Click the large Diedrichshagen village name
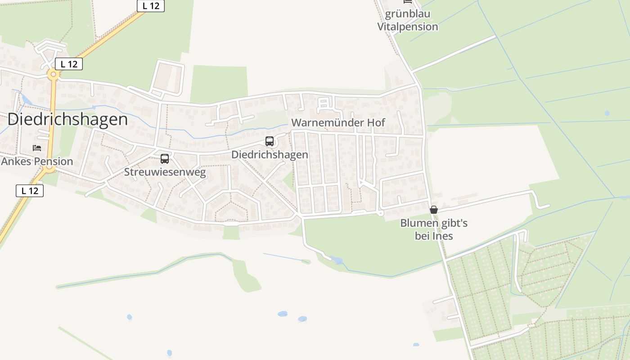click(67, 119)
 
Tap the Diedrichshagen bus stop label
click(270, 154)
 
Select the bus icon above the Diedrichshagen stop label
click(270, 141)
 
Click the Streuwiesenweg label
click(165, 172)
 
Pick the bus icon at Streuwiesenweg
click(165, 158)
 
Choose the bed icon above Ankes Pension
click(37, 148)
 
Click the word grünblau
click(408, 14)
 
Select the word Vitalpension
click(408, 27)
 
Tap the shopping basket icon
click(434, 210)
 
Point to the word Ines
click(444, 236)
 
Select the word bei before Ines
click(423, 236)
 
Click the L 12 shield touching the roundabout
click(69, 64)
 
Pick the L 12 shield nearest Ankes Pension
click(30, 190)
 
